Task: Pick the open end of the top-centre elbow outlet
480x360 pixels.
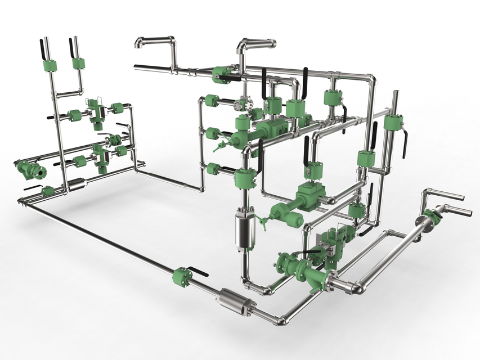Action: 273,43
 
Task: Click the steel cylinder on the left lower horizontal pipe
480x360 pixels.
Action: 77,183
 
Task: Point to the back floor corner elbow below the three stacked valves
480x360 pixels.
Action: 201,188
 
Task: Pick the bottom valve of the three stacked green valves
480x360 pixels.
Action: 213,168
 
